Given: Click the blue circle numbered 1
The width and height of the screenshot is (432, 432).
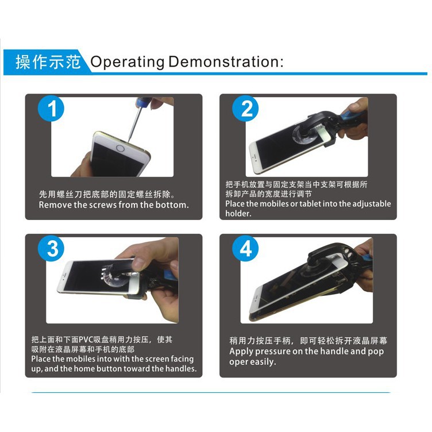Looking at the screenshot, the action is [51, 108].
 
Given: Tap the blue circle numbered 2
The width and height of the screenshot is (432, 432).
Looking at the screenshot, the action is [245, 108].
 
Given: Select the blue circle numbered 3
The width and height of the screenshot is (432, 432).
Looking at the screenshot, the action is [51, 249].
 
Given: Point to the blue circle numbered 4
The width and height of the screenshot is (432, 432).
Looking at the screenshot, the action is [245, 249].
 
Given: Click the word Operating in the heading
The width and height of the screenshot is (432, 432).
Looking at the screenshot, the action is [128, 62].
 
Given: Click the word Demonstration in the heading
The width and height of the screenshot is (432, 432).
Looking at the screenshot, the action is [224, 61].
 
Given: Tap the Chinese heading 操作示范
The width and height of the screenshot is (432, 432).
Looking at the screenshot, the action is [48, 61].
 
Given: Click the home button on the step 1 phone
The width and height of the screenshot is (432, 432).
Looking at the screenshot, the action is [121, 148].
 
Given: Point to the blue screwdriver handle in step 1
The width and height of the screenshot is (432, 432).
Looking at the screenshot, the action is [143, 102].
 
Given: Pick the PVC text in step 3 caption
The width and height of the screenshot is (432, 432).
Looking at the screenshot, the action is [86, 340].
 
